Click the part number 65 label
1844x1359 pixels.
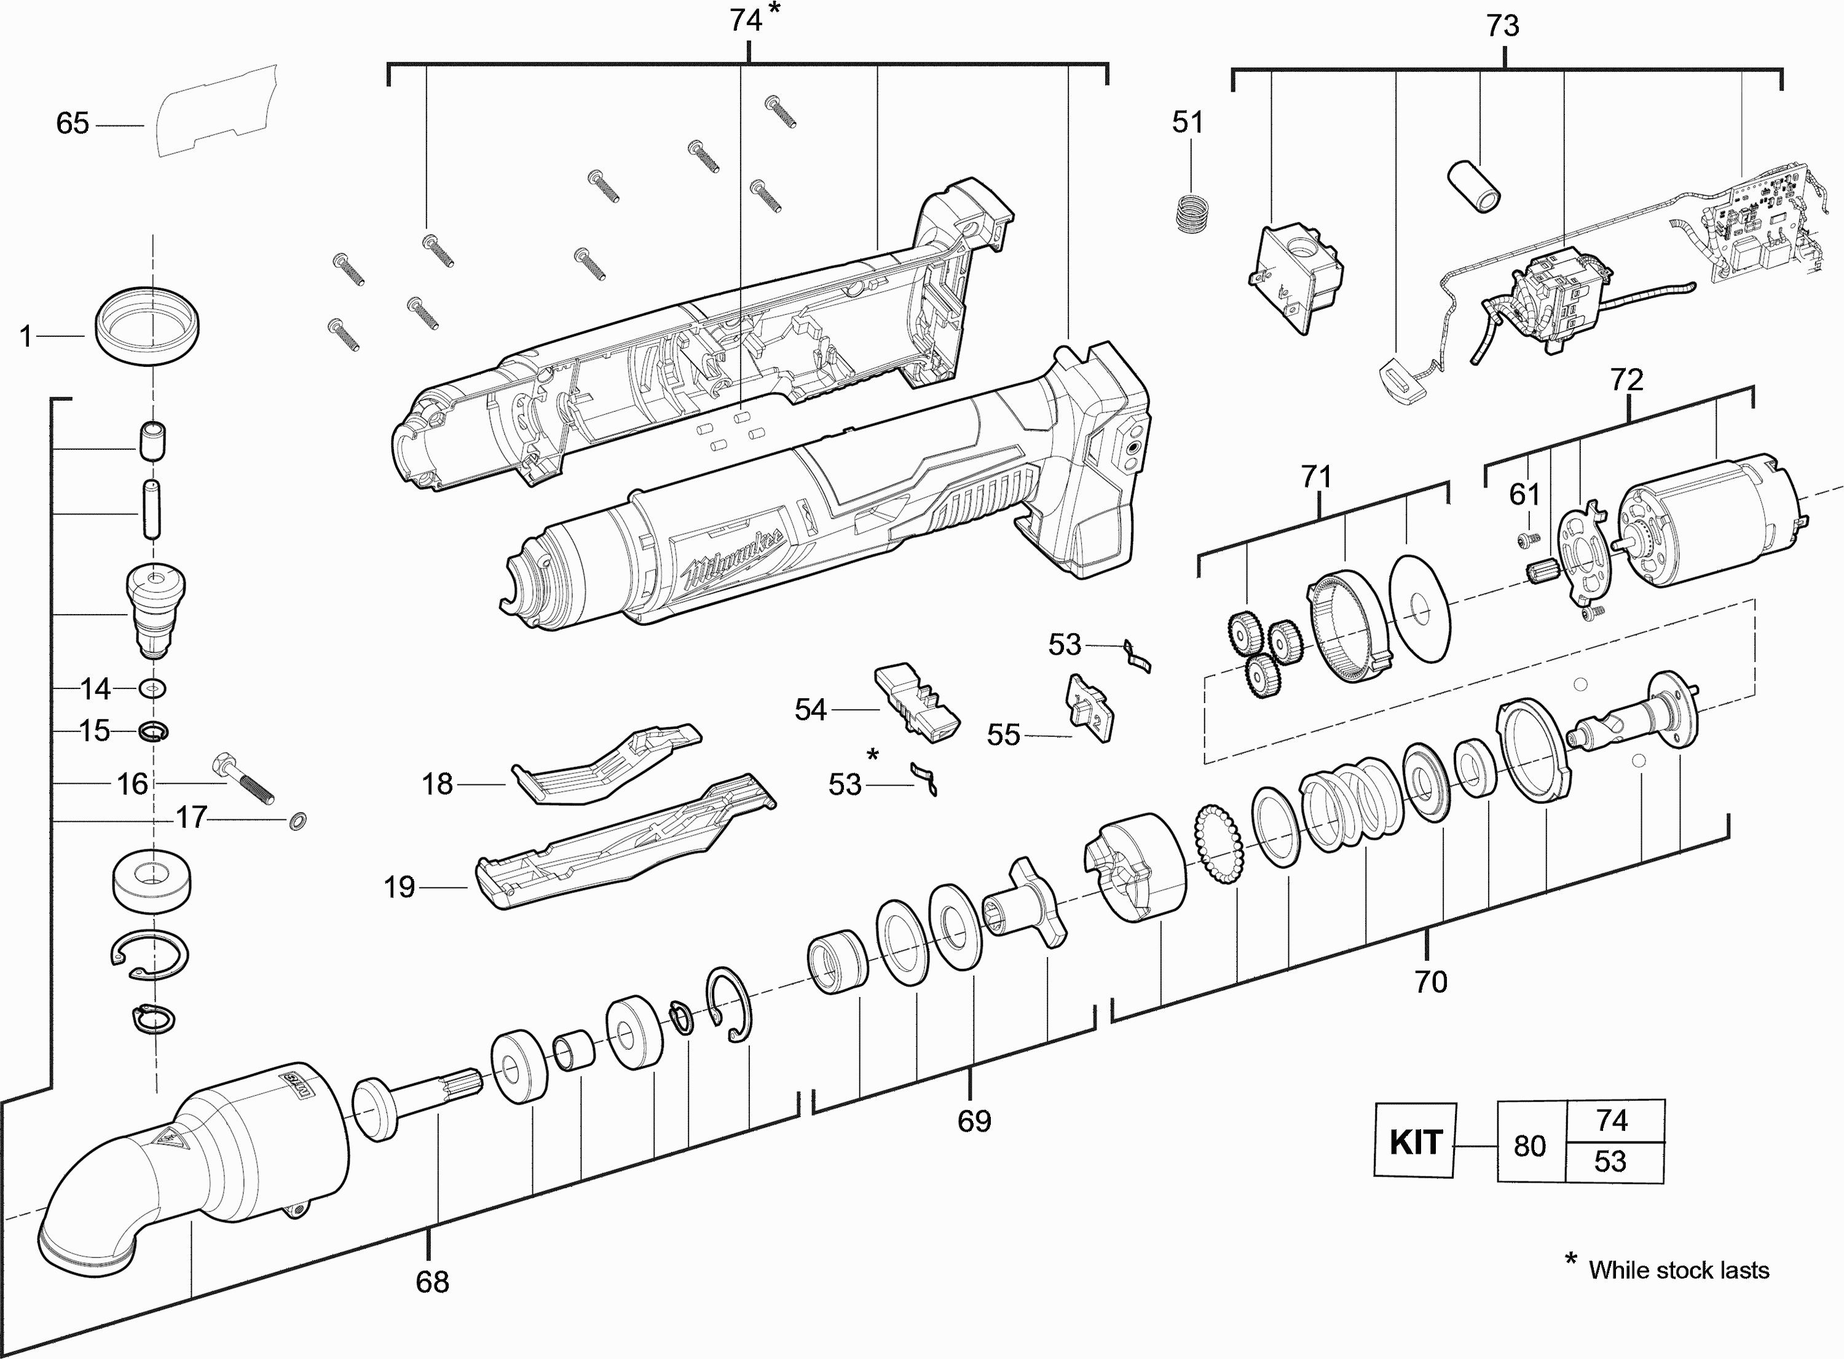73,124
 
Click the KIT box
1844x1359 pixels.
1415,1142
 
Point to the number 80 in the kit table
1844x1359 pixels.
1530,1146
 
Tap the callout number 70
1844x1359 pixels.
1430,982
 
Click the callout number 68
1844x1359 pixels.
433,1282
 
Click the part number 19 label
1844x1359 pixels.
400,887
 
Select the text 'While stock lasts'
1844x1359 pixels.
1678,1270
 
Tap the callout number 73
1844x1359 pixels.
1503,26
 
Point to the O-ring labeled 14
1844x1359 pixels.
153,688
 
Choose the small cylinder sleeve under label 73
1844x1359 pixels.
1473,186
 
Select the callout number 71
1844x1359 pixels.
1316,476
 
